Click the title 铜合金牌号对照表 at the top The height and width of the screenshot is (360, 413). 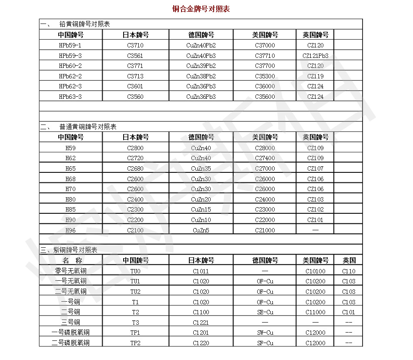pos(201,9)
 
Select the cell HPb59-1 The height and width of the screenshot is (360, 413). pos(70,45)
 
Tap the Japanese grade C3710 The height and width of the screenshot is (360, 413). pos(135,45)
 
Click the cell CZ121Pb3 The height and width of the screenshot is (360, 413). pos(315,56)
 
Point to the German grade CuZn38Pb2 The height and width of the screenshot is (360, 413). pos(201,76)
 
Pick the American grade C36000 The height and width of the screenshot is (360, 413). pos(265,86)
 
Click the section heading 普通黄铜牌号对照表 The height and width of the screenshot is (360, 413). pos(88,127)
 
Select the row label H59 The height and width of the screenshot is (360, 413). pos(70,148)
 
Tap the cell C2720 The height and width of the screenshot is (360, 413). pos(135,158)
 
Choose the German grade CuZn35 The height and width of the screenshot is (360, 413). pos(201,168)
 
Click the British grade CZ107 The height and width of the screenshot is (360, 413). pos(315,168)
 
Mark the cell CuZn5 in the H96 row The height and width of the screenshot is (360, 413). pos(201,230)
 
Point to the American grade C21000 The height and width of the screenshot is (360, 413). pos(265,230)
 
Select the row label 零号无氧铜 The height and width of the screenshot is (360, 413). pos(71,271)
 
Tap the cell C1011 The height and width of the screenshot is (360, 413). pos(201,271)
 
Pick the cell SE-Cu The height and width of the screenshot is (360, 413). pos(265,312)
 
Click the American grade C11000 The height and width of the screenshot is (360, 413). pos(315,312)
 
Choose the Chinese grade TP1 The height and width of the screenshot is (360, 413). pos(135,333)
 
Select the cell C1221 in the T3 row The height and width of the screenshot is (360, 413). pos(201,323)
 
